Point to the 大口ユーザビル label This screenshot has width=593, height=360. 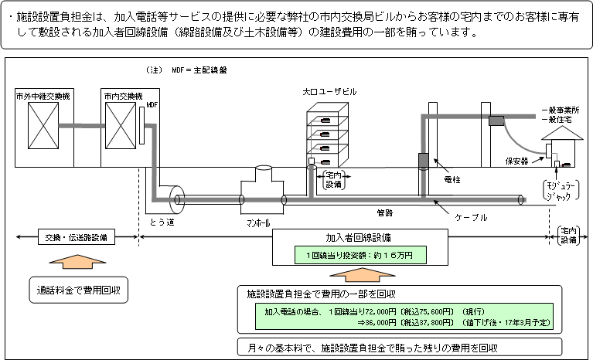[330, 92]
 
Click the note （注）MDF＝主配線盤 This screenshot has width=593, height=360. [186, 70]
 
